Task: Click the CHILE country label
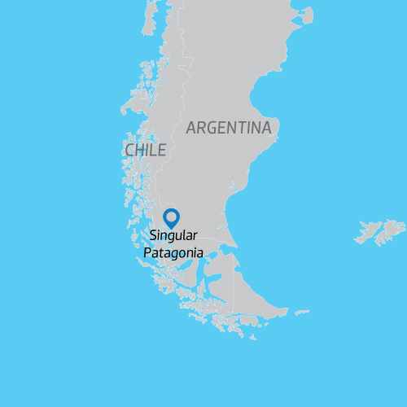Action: pos(146,151)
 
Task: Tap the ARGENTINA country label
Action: pos(228,128)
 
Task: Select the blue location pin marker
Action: pos(171,217)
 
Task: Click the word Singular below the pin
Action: pos(173,237)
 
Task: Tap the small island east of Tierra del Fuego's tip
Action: pos(301,312)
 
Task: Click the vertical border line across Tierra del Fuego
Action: pos(234,289)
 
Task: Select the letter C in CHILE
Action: pos(129,151)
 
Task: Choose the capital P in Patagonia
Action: pos(147,252)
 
